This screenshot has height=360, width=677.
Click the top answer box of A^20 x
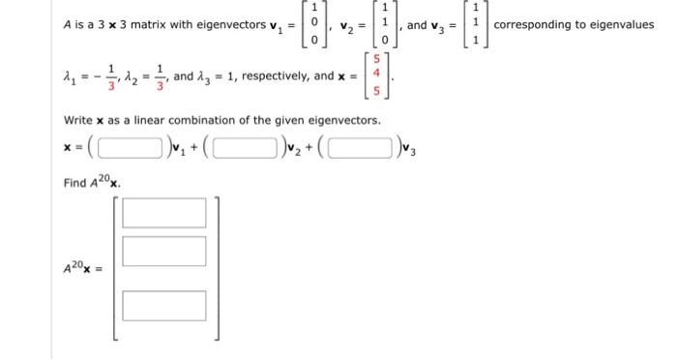point(164,212)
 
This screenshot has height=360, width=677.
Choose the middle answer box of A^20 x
point(164,253)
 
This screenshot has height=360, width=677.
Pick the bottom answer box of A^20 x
point(164,305)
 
